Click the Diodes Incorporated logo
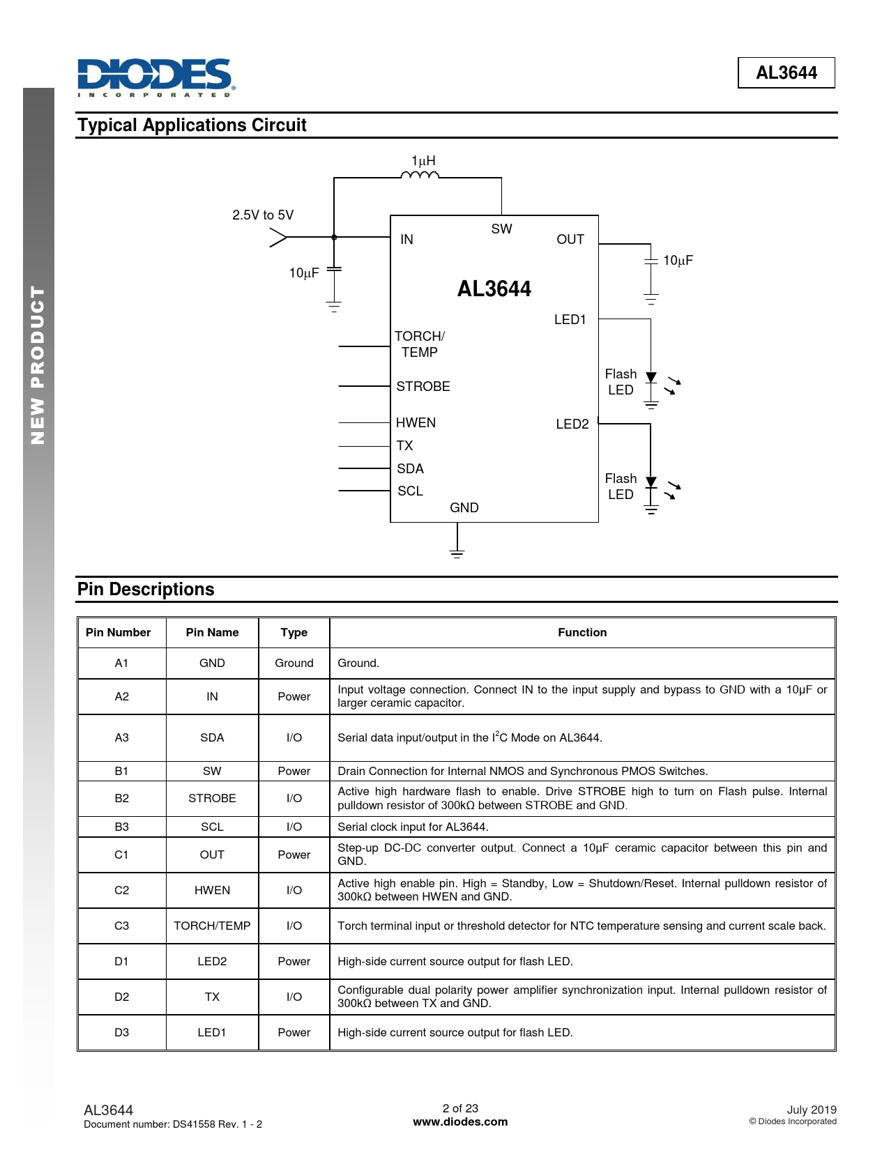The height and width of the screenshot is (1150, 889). coord(155,77)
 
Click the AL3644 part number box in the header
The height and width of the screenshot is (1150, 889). coord(786,72)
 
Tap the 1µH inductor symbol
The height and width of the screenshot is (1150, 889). coord(420,175)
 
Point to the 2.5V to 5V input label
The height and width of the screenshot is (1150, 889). coord(263,215)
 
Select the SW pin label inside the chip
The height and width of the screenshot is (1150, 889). coord(501,229)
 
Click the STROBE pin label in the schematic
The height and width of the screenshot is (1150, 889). coord(423,386)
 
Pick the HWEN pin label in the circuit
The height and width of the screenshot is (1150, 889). coord(416,422)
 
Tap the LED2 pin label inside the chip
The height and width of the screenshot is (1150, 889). coord(572,424)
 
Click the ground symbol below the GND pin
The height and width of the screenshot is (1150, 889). coord(457,553)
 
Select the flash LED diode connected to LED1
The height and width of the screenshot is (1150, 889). coord(651,378)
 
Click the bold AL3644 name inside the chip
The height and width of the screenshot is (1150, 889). coord(494,289)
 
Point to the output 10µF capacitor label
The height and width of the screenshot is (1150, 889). coord(678,260)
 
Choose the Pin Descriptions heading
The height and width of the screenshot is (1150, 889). coord(146,589)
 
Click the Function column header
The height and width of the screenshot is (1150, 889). coord(582,632)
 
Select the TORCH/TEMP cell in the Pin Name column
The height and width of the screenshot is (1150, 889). coord(212,926)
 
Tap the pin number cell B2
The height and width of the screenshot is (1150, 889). coord(121,798)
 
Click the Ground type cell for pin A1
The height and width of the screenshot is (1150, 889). coord(294,663)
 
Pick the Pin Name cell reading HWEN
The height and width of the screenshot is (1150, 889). coord(212,890)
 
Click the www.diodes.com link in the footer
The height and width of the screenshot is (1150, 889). coord(460,1121)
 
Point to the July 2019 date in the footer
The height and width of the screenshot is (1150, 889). coord(811,1110)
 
